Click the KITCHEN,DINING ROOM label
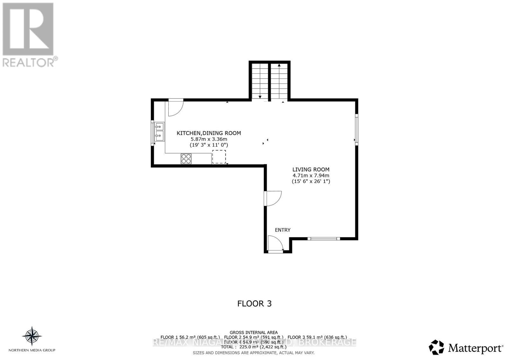[x=209, y=133]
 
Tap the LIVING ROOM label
[x=311, y=170]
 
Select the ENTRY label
[x=282, y=230]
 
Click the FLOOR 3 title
[x=254, y=303]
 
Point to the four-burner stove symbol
[x=186, y=159]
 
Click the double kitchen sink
[x=159, y=132]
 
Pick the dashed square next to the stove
[x=219, y=157]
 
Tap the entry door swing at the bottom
[x=275, y=244]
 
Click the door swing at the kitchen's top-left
[x=175, y=107]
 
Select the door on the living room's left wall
[x=273, y=198]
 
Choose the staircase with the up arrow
[x=279, y=81]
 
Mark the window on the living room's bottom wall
[x=324, y=239]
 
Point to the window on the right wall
[x=357, y=129]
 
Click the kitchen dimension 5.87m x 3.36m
[x=209, y=139]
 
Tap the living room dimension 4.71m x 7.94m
[x=311, y=175]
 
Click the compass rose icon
[x=32, y=336]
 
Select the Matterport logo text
[x=475, y=348]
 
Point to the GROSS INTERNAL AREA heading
[x=254, y=332]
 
